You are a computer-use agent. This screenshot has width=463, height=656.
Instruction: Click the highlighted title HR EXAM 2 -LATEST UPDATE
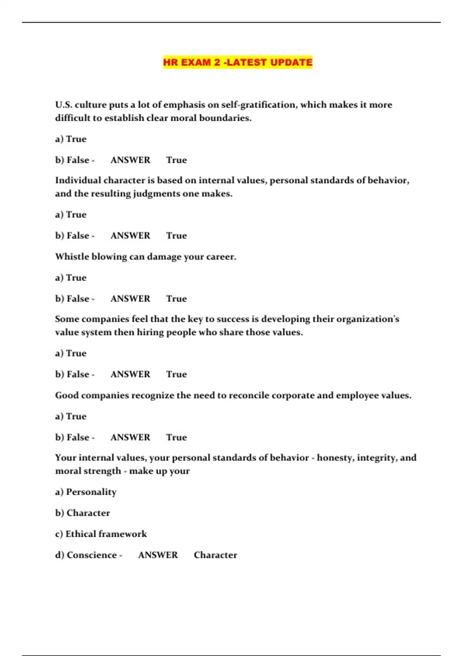(x=238, y=62)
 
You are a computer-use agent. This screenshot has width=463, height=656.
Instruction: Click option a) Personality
(x=86, y=492)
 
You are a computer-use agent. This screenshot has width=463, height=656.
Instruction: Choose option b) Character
(x=83, y=513)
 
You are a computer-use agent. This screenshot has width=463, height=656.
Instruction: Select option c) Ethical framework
(x=101, y=534)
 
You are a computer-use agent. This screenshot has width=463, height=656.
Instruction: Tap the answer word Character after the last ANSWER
(x=215, y=555)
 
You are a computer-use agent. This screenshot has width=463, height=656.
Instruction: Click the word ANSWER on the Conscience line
(x=158, y=555)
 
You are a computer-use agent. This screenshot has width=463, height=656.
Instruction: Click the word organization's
(x=368, y=319)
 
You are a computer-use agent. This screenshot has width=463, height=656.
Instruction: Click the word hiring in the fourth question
(x=150, y=332)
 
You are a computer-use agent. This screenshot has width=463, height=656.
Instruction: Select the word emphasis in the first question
(x=182, y=105)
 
